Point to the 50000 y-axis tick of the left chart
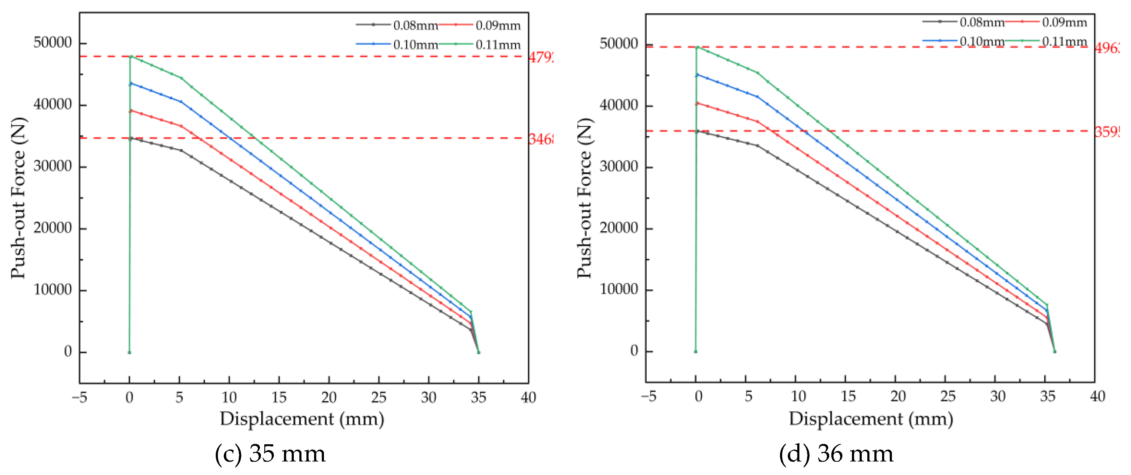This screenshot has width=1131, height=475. coord(52,43)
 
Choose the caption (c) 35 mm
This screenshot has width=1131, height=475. coord(270,454)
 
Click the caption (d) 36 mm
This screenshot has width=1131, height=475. coord(836,454)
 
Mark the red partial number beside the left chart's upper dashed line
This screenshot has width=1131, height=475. coord(541,57)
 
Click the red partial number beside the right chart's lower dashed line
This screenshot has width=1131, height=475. coord(1106,132)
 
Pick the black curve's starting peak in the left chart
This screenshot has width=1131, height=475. coord(130,138)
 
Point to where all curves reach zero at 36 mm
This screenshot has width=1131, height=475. coord(1054,351)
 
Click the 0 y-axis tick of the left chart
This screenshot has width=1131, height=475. coord(68,351)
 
